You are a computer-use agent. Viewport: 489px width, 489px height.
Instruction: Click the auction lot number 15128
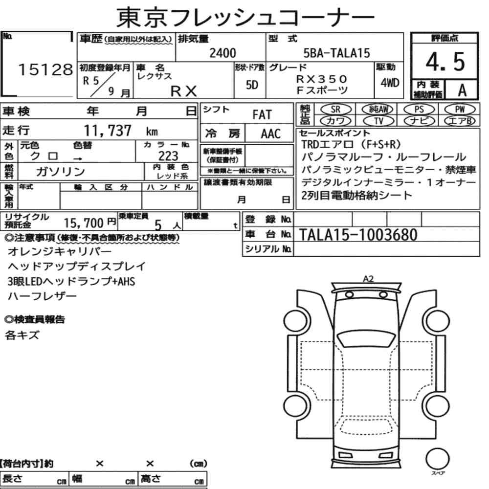pyautogui.click(x=45, y=69)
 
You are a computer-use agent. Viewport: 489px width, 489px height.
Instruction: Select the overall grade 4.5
pyautogui.click(x=445, y=62)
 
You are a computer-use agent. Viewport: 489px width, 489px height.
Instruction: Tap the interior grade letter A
pyautogui.click(x=462, y=90)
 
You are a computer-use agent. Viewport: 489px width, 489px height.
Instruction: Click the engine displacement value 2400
pyautogui.click(x=222, y=53)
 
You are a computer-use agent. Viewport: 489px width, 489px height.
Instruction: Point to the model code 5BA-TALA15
pyautogui.click(x=337, y=53)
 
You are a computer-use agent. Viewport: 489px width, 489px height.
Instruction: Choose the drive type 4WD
pyautogui.click(x=390, y=83)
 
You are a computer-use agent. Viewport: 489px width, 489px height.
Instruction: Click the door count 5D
pyautogui.click(x=252, y=85)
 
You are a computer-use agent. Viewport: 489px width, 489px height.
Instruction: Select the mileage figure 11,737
pyautogui.click(x=108, y=131)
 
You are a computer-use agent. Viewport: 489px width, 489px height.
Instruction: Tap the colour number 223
pyautogui.click(x=168, y=156)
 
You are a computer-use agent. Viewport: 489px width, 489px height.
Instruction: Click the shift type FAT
pyautogui.click(x=262, y=115)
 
